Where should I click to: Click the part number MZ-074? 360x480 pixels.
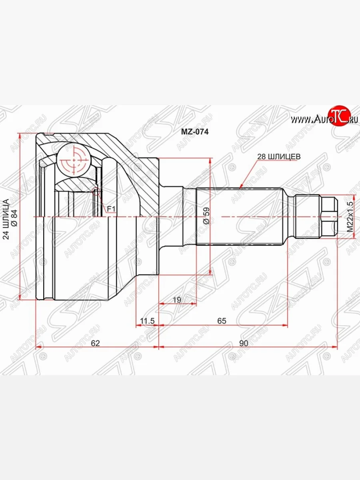[195, 131]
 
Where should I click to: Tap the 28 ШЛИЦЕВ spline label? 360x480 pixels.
[278, 157]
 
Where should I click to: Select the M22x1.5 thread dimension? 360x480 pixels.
[350, 216]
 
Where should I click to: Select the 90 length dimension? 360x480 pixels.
[244, 343]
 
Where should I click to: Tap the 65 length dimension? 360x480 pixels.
[222, 320]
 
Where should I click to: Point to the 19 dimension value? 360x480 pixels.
[177, 299]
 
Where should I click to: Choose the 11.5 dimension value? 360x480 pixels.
[147, 320]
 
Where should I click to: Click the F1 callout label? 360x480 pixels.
[111, 209]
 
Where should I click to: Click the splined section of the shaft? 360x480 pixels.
[240, 216]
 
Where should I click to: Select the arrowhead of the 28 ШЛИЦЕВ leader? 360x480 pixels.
[240, 187]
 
